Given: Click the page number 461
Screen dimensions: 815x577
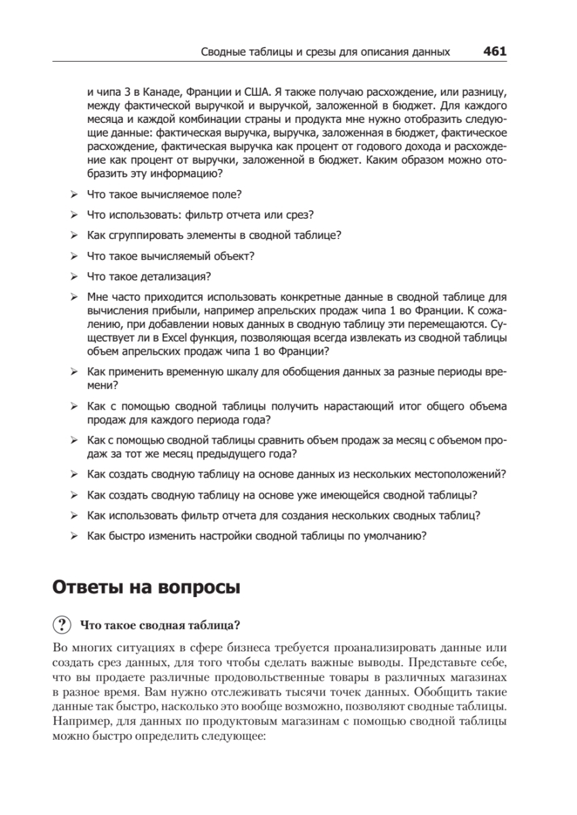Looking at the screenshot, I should pos(495,51).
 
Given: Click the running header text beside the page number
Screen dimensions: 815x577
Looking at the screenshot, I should pos(326,52).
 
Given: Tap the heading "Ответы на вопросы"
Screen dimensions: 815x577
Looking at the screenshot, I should pos(146,587).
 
